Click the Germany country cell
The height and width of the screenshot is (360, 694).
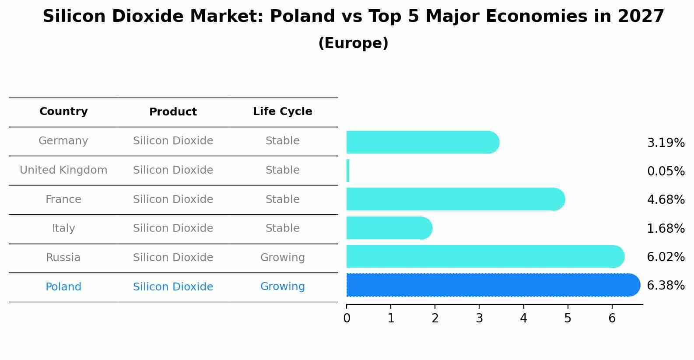click(x=63, y=141)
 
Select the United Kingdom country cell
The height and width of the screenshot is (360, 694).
click(x=63, y=170)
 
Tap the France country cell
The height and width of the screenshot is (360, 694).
click(x=63, y=199)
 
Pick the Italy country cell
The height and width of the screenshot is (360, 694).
click(x=63, y=228)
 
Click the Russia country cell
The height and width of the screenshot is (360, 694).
click(x=63, y=258)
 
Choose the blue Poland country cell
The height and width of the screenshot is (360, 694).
click(x=63, y=287)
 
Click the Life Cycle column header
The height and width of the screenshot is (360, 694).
click(x=283, y=112)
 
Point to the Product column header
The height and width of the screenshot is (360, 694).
click(x=173, y=112)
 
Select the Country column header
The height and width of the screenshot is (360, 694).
click(x=63, y=112)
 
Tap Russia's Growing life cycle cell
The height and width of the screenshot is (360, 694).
click(x=283, y=258)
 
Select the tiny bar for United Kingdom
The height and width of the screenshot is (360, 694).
click(x=348, y=171)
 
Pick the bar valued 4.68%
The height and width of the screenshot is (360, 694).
click(x=455, y=199)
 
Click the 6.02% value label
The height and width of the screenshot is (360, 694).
click(x=666, y=257)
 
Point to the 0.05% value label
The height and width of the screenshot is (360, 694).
click(x=666, y=171)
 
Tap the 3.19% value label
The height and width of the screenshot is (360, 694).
click(x=666, y=143)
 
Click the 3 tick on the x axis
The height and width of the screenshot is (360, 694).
click(x=479, y=318)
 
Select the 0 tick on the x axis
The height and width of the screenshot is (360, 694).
click(x=347, y=318)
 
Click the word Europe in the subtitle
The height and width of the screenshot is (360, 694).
click(x=353, y=43)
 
